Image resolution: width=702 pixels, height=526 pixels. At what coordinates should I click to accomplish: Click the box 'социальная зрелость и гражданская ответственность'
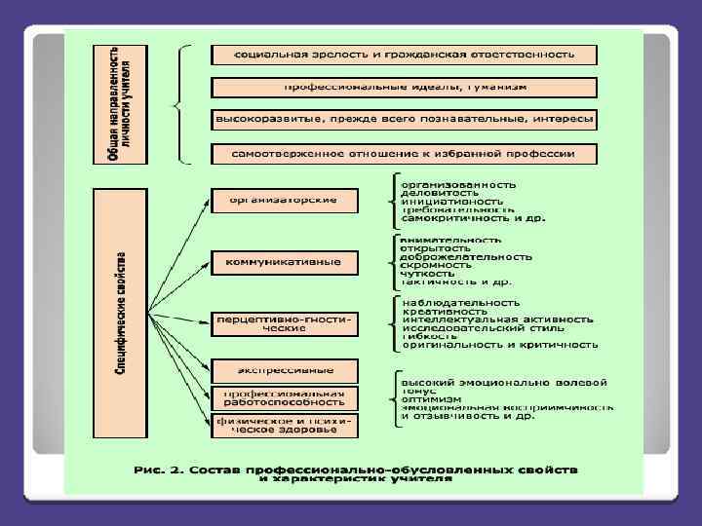coord(405,55)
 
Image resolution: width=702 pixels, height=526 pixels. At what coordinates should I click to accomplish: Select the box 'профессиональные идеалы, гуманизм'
coord(405,87)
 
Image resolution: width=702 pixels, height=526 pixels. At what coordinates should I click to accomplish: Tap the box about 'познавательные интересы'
coord(405,120)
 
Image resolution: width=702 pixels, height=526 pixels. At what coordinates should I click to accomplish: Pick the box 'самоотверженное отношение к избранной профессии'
coord(405,153)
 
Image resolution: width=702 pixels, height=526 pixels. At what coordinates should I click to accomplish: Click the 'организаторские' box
coord(284,201)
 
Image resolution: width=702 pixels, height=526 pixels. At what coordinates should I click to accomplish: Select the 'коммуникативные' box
coord(284,262)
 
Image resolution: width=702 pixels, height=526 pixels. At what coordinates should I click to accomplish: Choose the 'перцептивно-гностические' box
coord(284,322)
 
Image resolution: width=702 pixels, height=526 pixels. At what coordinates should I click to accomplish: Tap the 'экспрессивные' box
coord(284,370)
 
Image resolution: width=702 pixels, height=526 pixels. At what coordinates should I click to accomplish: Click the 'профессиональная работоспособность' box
coord(284,396)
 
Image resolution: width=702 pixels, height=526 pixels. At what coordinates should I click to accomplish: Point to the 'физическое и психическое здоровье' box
coord(284,426)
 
